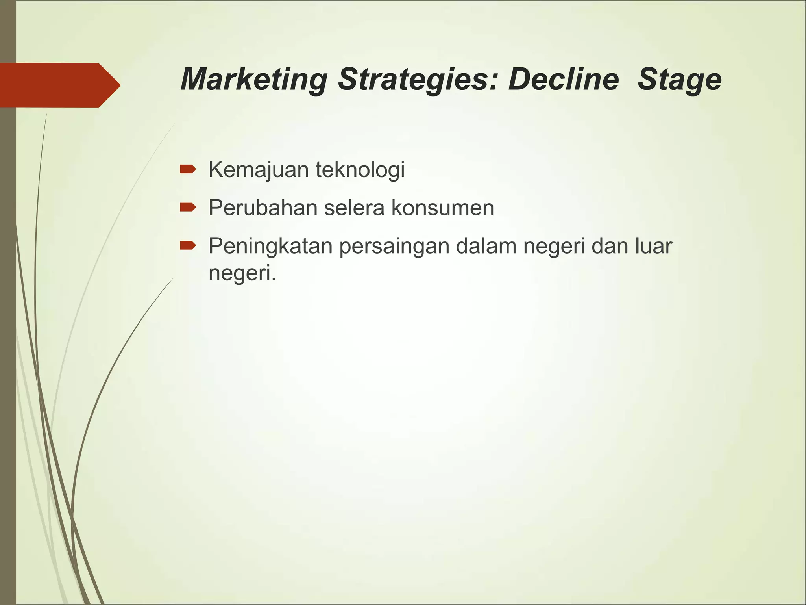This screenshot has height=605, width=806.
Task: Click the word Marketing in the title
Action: (254, 80)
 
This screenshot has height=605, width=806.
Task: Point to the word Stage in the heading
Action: (679, 80)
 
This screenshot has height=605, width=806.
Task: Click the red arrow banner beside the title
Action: (59, 85)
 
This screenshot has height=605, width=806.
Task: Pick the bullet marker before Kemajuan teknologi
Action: (188, 169)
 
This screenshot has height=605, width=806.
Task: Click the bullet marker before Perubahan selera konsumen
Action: (188, 207)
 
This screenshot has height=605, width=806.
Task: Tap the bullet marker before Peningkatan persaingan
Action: (188, 246)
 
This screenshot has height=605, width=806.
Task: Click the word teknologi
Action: (360, 170)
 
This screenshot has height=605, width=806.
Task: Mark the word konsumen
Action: (442, 208)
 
